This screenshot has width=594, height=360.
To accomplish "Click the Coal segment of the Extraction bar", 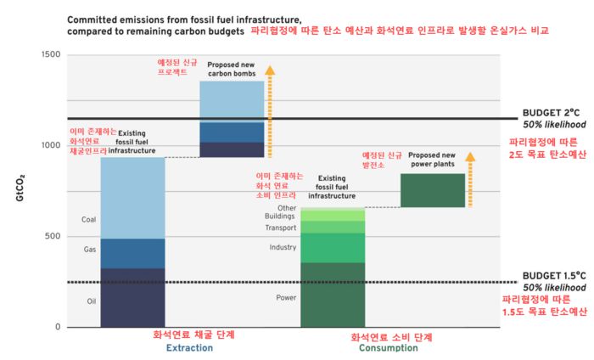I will (132, 199).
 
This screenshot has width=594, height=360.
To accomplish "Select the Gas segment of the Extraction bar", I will (132, 253).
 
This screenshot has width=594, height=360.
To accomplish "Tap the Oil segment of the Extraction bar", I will (132, 297).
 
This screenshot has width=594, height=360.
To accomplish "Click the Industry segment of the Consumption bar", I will (333, 247).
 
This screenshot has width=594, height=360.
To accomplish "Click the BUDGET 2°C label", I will (551, 112).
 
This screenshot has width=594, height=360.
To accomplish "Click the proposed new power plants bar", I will (433, 190).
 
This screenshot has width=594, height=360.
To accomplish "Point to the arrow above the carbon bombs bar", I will (270, 110).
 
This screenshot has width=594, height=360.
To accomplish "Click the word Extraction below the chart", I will (190, 348).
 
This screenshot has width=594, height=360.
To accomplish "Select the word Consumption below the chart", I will (389, 348).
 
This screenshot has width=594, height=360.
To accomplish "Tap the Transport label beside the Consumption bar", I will (280, 228).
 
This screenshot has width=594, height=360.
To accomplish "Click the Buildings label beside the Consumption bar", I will (279, 217).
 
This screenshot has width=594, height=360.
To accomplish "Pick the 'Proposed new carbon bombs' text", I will (231, 68).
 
